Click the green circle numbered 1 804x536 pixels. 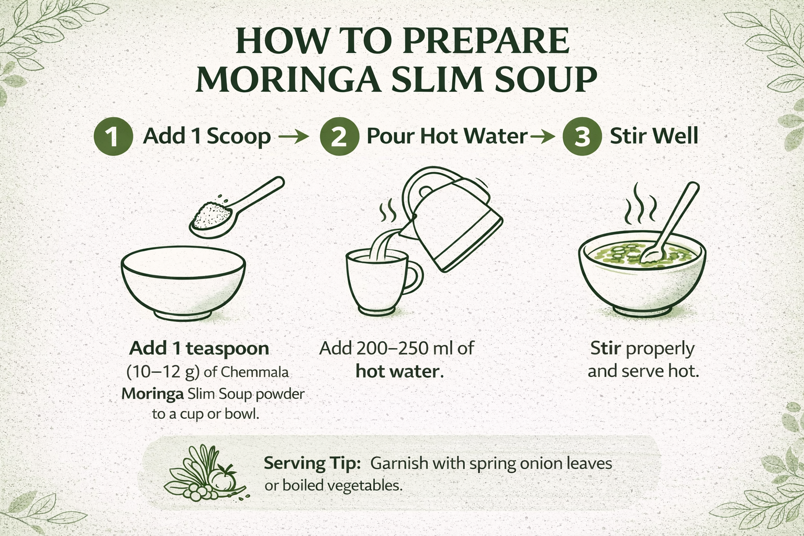(112, 137)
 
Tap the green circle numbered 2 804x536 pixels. (339, 137)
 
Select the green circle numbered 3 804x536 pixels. (581, 137)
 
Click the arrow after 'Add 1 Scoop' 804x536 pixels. (293, 138)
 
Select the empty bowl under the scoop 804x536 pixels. (183, 283)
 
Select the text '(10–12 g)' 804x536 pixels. (163, 372)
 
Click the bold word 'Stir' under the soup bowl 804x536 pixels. (605, 348)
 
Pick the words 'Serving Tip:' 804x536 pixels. (312, 463)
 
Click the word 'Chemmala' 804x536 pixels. (254, 372)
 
